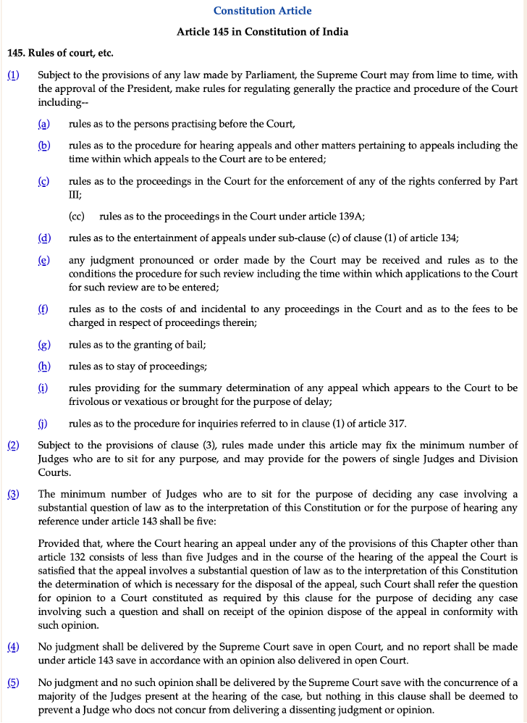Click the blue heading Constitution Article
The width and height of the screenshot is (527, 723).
(x=263, y=11)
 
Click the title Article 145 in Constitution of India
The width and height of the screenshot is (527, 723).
(x=263, y=32)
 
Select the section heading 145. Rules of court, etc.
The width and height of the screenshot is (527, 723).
(x=60, y=53)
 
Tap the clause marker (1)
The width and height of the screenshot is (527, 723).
(x=14, y=75)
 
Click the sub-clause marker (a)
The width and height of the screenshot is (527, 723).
(x=43, y=125)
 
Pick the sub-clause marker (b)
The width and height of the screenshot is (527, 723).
(x=44, y=145)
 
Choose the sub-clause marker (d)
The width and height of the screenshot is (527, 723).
(x=44, y=238)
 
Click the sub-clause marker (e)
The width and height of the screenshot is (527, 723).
(x=44, y=259)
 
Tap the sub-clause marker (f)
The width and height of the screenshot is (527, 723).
(x=43, y=309)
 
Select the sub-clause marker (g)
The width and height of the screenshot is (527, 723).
(x=44, y=344)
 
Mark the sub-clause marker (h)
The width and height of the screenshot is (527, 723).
(x=44, y=366)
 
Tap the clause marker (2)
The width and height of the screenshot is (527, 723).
(x=14, y=444)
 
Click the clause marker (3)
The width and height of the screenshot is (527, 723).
(x=14, y=494)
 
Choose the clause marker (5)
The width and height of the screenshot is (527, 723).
(x=14, y=682)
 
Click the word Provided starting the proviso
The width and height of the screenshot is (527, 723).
(x=59, y=543)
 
